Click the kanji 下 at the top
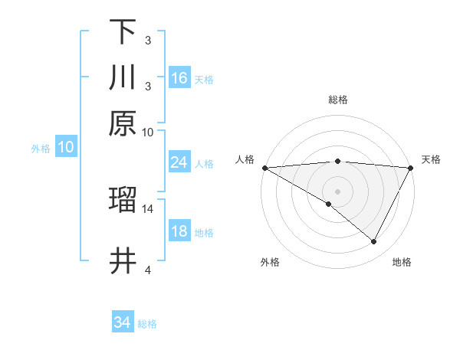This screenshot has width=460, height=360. tap(123, 32)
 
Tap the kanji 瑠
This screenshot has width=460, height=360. tap(123, 200)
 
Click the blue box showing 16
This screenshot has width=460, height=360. tap(179, 78)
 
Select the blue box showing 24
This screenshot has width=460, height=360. tap(179, 162)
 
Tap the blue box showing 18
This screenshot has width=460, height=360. tap(179, 232)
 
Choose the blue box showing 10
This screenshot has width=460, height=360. tap(66, 148)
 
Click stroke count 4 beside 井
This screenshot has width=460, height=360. tap(148, 270)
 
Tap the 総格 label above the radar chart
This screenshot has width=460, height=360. tap(337, 100)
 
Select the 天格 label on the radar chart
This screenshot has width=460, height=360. tap(431, 159)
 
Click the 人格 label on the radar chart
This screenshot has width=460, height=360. tap(245, 159)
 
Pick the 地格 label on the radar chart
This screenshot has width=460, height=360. tap(402, 263)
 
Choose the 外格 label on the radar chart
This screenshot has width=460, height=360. tap(270, 263)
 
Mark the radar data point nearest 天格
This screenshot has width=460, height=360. tap(411, 167)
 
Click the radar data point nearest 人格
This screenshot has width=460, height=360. tap(264, 167)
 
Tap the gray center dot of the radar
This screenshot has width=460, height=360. tap(337, 191)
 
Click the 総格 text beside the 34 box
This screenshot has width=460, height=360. tap(147, 324)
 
